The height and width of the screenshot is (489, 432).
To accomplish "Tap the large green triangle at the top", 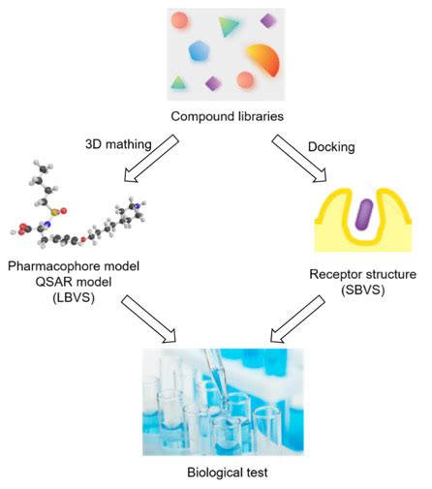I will coord(229,25).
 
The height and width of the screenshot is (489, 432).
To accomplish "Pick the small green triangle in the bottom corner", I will coord(179,83).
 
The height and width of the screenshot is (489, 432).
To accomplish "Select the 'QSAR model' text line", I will coord(74,282).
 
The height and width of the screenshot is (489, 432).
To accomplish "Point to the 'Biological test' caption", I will coord(224,474).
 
